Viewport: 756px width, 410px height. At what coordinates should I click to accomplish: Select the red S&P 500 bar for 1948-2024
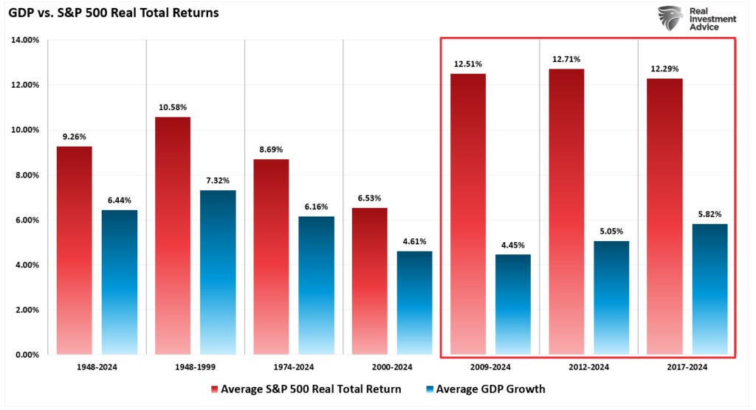(75, 250)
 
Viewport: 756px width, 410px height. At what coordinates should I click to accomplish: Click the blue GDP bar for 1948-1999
(218, 272)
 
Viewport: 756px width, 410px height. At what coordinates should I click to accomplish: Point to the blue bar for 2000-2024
(415, 302)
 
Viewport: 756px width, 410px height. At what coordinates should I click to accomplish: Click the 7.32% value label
(218, 180)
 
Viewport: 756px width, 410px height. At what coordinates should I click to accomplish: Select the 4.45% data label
(513, 244)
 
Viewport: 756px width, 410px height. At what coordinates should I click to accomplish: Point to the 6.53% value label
(369, 198)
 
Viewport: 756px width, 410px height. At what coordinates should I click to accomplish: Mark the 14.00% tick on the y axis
(25, 40)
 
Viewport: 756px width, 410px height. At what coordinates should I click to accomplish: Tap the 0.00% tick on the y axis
(27, 355)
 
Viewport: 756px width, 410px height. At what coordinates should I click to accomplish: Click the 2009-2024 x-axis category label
(489, 366)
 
